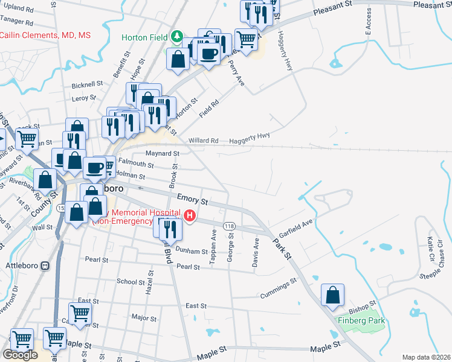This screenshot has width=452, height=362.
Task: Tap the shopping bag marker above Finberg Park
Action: pyautogui.click(x=332, y=296)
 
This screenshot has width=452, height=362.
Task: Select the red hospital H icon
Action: pyautogui.click(x=190, y=215)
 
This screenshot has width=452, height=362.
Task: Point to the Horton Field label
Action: pyautogui.click(x=144, y=37)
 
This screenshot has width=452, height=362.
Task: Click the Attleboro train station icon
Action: pyautogui.click(x=45, y=265)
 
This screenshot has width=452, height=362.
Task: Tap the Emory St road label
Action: pyautogui.click(x=193, y=198)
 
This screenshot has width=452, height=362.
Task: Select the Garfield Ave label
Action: pyautogui.click(x=295, y=229)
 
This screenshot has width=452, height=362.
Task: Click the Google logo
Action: pyautogui.click(x=20, y=355)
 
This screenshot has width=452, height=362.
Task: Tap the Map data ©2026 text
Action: pyautogui.click(x=426, y=357)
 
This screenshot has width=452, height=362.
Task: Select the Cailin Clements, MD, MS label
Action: pyautogui.click(x=45, y=36)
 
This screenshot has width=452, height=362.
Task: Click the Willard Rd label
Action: pyautogui.click(x=203, y=141)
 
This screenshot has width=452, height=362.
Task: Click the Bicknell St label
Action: pyautogui.click(x=87, y=85)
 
